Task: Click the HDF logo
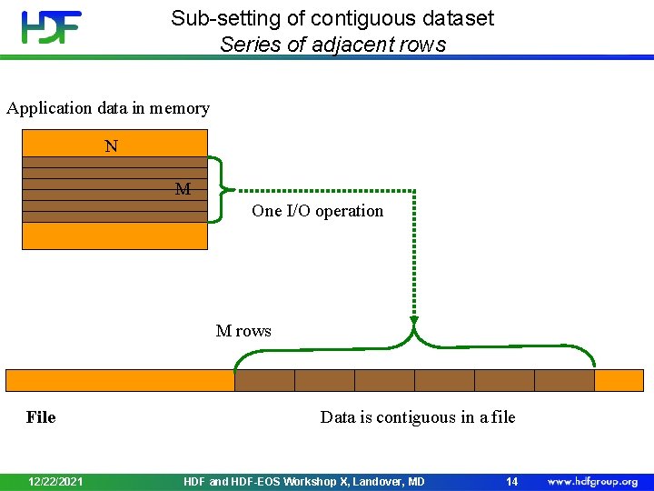pyautogui.click(x=51, y=26)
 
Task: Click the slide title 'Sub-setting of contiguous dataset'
pyautogui.click(x=332, y=18)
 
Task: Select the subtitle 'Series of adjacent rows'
pyautogui.click(x=332, y=44)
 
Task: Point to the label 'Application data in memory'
pyautogui.click(x=108, y=108)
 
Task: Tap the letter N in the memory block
pyautogui.click(x=111, y=145)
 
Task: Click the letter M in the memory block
pyautogui.click(x=183, y=189)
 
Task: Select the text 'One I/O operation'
pyautogui.click(x=317, y=211)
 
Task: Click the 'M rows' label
pyautogui.click(x=243, y=331)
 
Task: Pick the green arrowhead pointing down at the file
pyautogui.click(x=414, y=320)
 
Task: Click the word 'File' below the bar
pyautogui.click(x=41, y=417)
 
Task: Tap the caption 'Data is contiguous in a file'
pyautogui.click(x=417, y=417)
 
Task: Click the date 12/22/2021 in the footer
pyautogui.click(x=56, y=481)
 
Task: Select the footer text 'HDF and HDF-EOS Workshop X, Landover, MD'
pyautogui.click(x=303, y=481)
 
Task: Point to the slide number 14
pyautogui.click(x=512, y=481)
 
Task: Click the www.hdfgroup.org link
pyautogui.click(x=592, y=481)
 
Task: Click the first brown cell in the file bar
pyautogui.click(x=264, y=380)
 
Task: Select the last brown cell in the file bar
pyautogui.click(x=564, y=380)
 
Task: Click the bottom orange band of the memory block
pyautogui.click(x=114, y=235)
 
